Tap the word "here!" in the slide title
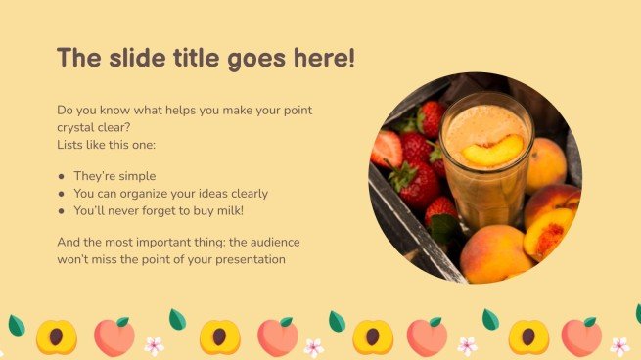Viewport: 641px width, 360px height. [323, 58]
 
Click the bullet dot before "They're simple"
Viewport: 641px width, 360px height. [62, 177]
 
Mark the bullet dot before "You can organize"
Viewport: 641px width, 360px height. [62, 194]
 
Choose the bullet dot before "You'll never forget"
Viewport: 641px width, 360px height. [62, 210]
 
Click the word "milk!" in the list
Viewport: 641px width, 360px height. [248, 210]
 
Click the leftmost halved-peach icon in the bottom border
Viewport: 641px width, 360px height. [56, 337]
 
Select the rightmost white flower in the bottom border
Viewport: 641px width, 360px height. [619, 346]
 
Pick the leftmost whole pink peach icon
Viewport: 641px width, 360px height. [114, 336]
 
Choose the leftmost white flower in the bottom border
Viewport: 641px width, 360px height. [154, 345]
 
